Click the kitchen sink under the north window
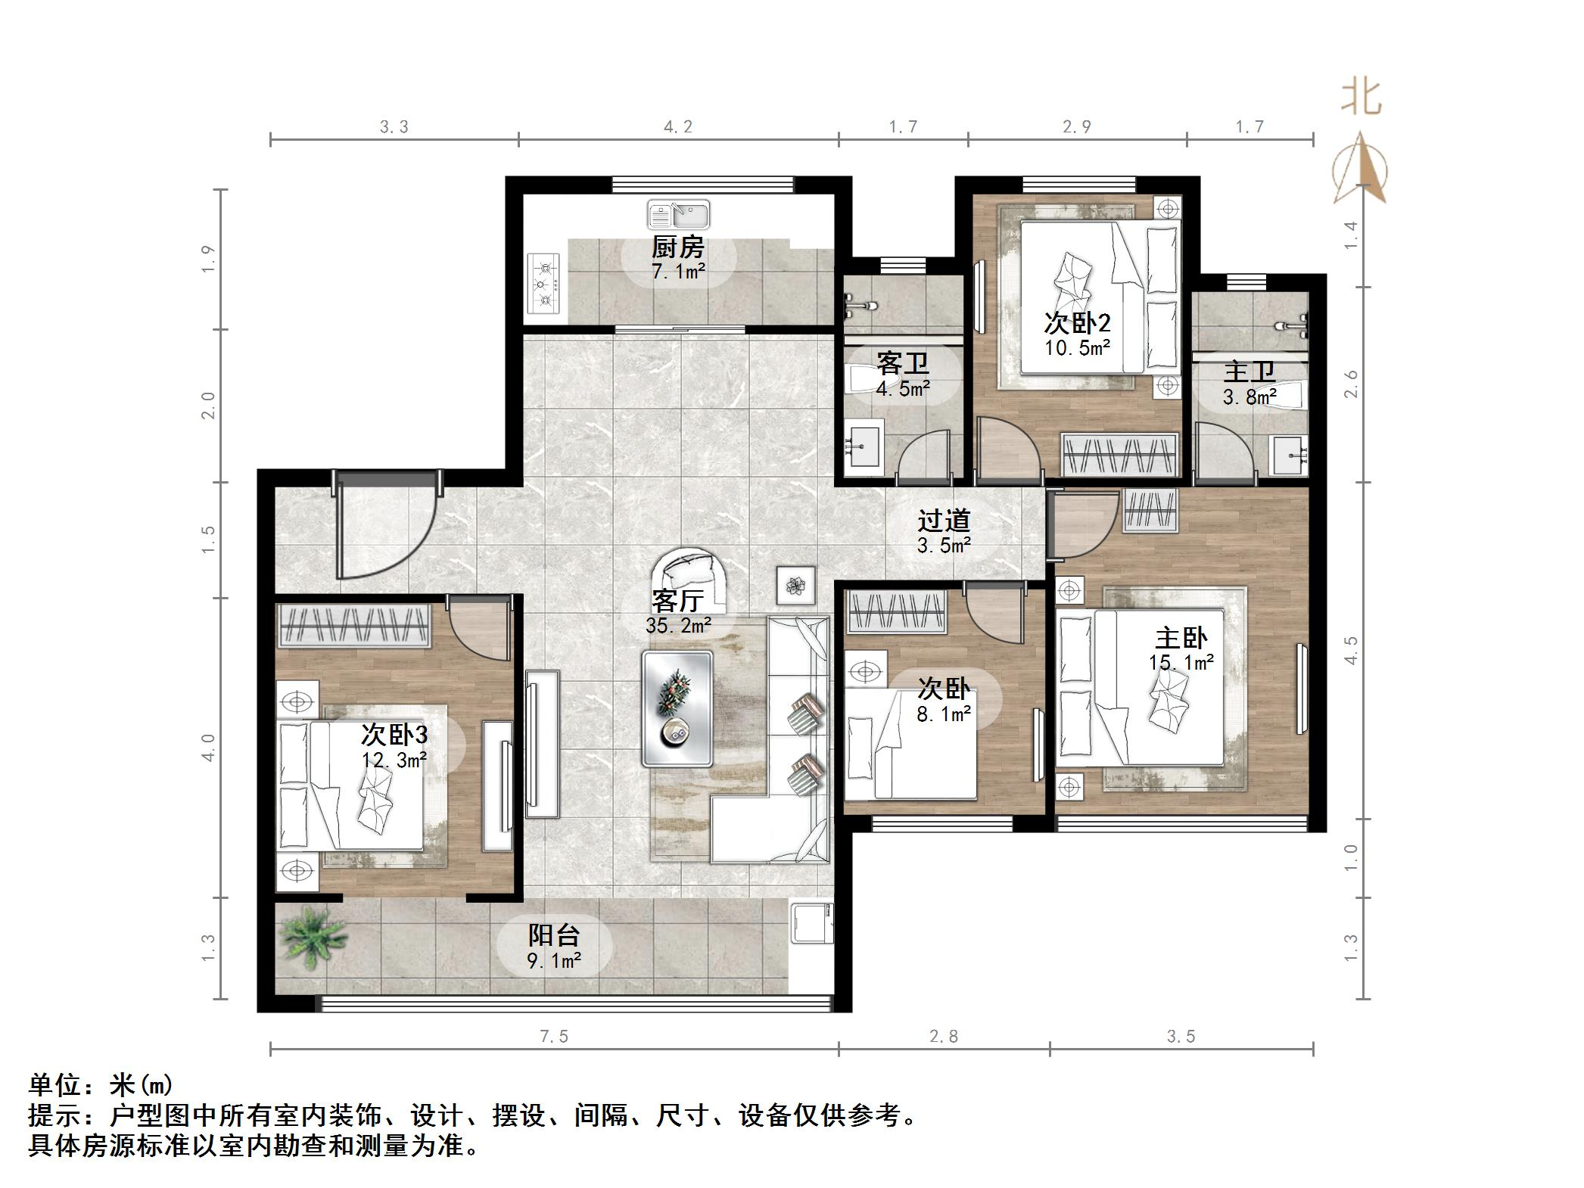pos(678,215)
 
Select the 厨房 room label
pos(678,247)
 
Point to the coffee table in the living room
pos(677,708)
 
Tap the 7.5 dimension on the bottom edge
pos(553,1037)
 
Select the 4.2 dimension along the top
pos(678,127)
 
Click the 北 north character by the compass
pos(1361,98)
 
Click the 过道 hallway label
pos(944,521)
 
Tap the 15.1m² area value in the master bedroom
pos(1181,663)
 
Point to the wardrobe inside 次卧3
pos(355,625)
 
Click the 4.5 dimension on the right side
pos(1351,650)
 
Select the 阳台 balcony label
pos(553,935)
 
